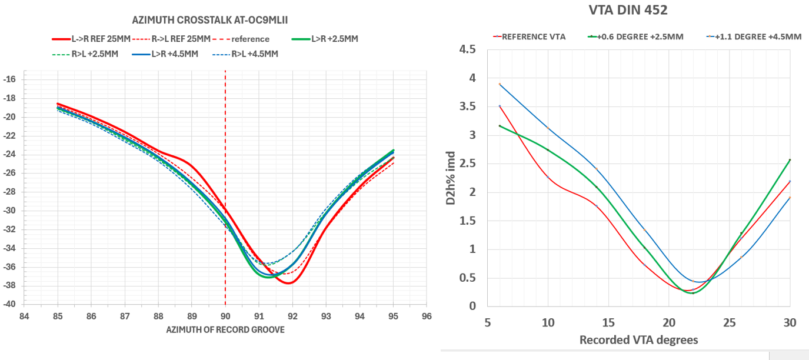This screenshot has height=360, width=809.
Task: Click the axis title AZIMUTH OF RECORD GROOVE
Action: [x=226, y=330]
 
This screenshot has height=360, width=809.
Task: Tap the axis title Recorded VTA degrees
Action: [x=639, y=340]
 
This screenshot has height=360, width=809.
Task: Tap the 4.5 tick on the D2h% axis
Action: [x=468, y=49]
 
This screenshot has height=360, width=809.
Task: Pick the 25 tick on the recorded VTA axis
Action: [x=729, y=322]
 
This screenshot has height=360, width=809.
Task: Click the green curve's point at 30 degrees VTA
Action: [x=790, y=159]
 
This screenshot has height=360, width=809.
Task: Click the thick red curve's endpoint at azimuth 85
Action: [x=58, y=104]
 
